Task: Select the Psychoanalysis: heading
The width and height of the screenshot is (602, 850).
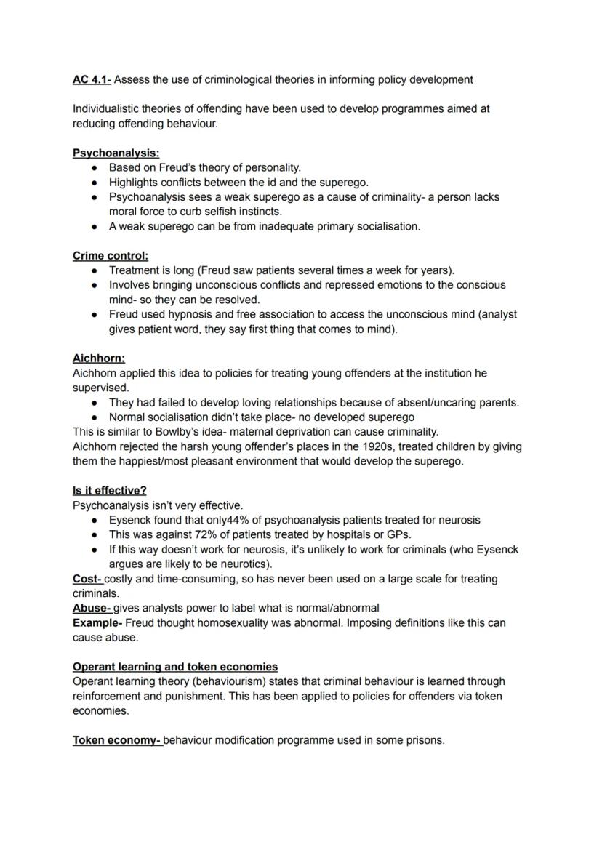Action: tap(116, 153)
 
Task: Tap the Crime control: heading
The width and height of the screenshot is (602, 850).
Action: tap(110, 256)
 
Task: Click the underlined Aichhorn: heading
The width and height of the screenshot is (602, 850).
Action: tap(98, 358)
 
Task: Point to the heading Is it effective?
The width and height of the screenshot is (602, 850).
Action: tap(109, 491)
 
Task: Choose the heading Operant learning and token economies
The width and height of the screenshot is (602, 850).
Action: tap(174, 667)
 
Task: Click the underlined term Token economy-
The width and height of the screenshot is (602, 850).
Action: tap(117, 740)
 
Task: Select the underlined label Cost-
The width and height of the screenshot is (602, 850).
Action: tap(87, 579)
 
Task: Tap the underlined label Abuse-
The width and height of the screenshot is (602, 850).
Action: tap(92, 608)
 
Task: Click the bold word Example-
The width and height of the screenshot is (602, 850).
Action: tap(97, 623)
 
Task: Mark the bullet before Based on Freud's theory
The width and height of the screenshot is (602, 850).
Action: tap(95, 168)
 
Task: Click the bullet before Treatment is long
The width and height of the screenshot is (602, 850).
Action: tap(95, 270)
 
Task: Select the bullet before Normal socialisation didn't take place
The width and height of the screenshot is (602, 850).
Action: tap(95, 417)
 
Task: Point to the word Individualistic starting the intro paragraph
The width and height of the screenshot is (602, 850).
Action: tap(105, 108)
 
